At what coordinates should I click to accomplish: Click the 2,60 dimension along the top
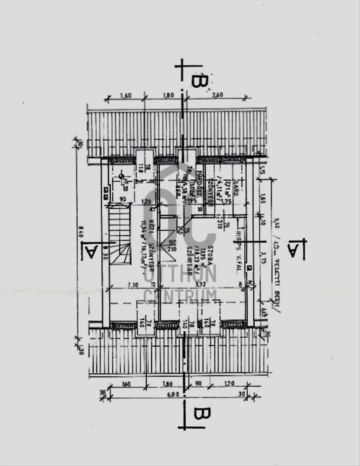click(217, 95)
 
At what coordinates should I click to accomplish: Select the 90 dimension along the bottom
click(197, 384)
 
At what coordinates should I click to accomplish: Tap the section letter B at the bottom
click(201, 414)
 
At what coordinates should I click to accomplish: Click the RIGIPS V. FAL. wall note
click(238, 247)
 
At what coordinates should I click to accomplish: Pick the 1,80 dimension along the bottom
click(168, 384)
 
